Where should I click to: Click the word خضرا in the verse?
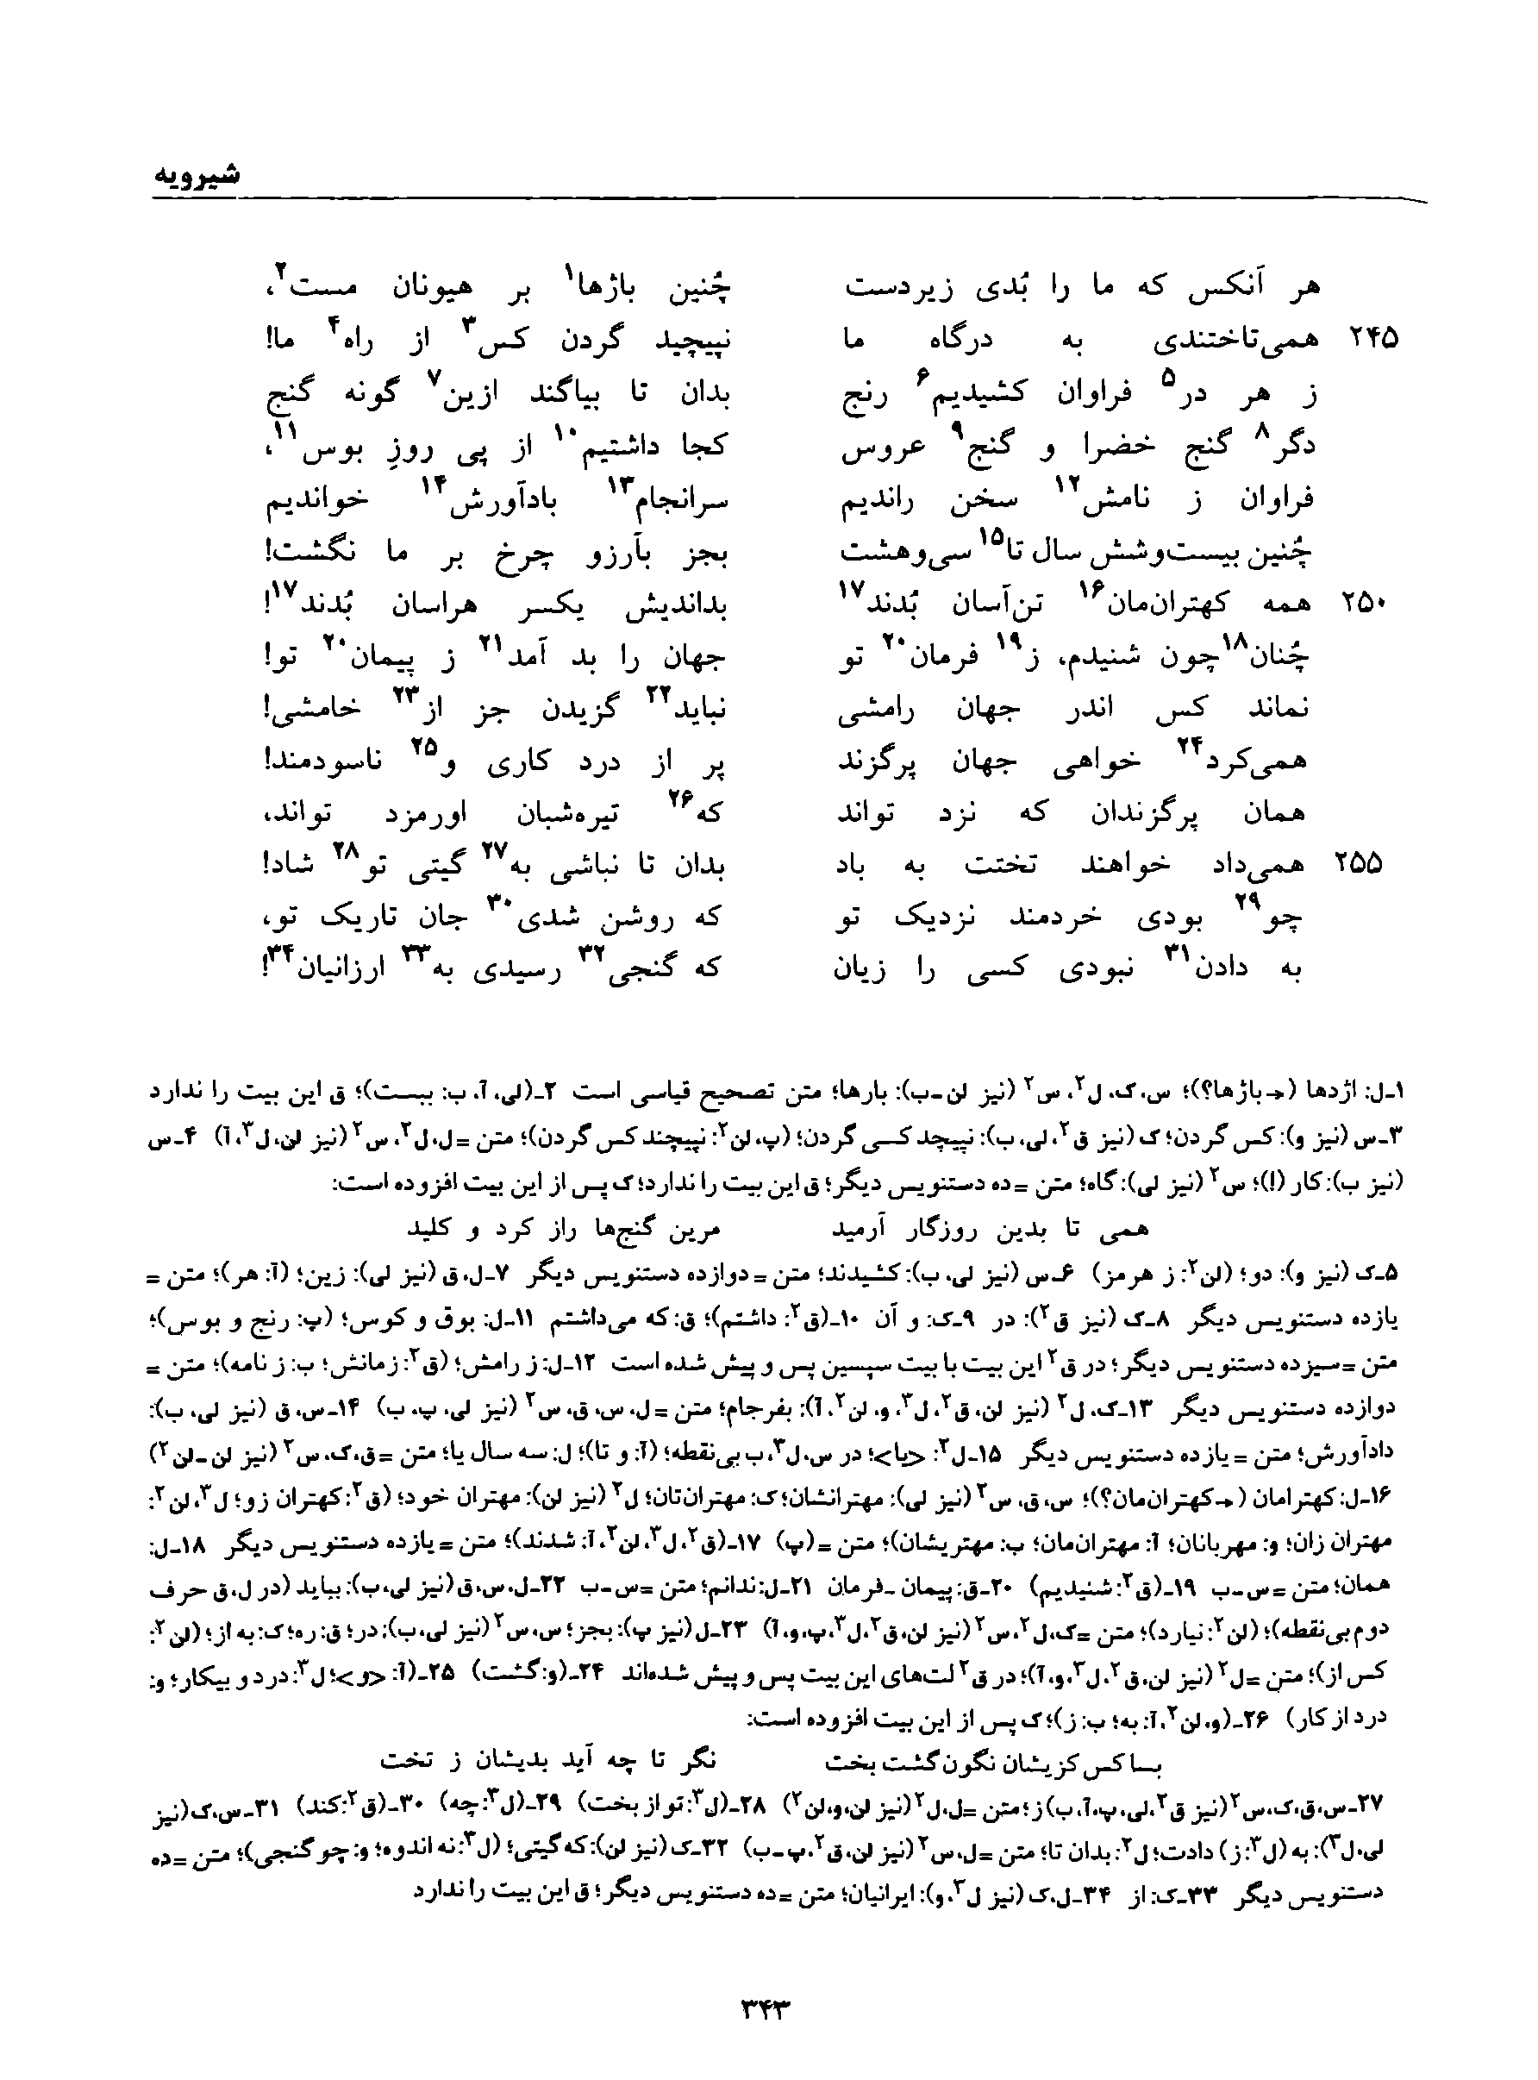[x=1117, y=447]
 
